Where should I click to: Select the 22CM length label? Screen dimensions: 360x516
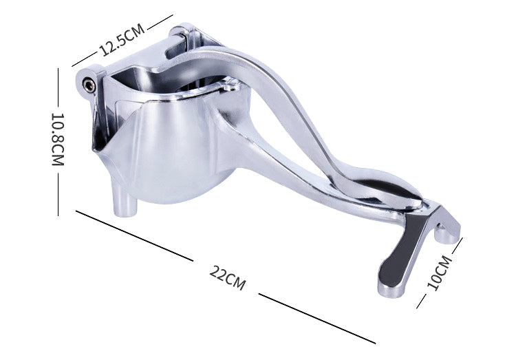tap(226, 276)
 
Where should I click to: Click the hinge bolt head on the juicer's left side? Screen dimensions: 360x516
tap(89, 84)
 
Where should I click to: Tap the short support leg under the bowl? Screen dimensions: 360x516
tap(126, 202)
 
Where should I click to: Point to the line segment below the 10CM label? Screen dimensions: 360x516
tap(422, 299)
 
